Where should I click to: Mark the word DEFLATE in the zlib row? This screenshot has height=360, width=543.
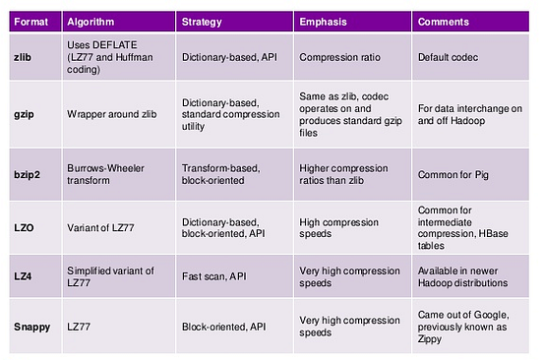click(x=114, y=45)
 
